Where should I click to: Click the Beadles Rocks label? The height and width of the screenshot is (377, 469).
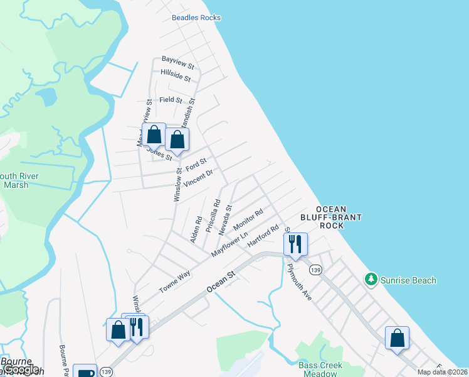click(x=196, y=18)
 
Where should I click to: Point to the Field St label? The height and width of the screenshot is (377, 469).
click(x=171, y=100)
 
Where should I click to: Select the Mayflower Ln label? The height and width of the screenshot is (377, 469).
click(x=229, y=241)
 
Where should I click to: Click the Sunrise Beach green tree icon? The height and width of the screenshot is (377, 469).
click(x=371, y=280)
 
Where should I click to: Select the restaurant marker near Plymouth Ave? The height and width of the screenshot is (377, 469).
click(x=295, y=243)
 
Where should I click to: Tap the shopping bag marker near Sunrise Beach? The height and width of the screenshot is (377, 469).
click(x=397, y=338)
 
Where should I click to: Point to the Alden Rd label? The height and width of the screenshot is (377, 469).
click(x=196, y=229)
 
